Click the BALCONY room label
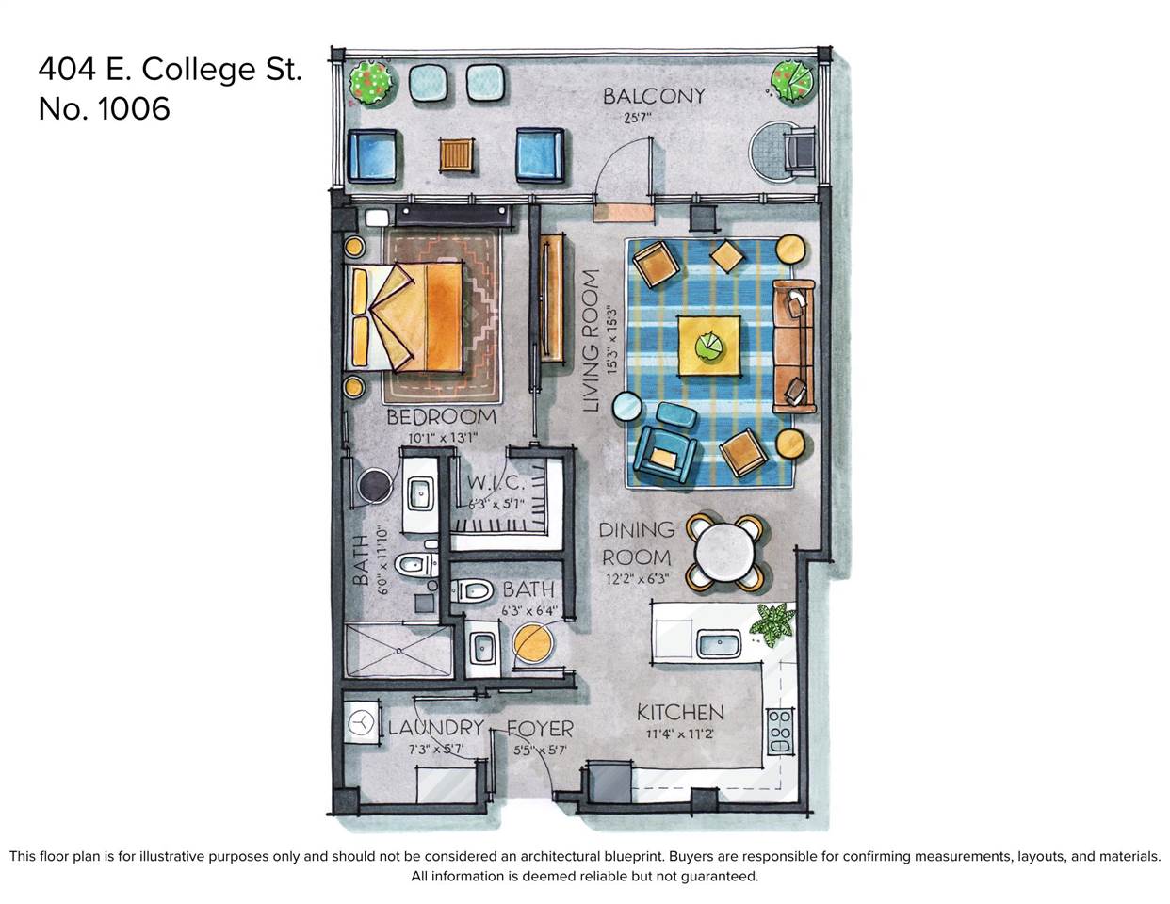coord(653,95)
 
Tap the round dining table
coord(723,551)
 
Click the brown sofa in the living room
coord(793,346)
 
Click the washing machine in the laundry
coord(360,723)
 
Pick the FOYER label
coord(540,729)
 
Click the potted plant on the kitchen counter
coord(772,623)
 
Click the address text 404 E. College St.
coord(170,69)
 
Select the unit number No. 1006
coord(104,108)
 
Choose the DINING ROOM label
coord(637,543)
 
